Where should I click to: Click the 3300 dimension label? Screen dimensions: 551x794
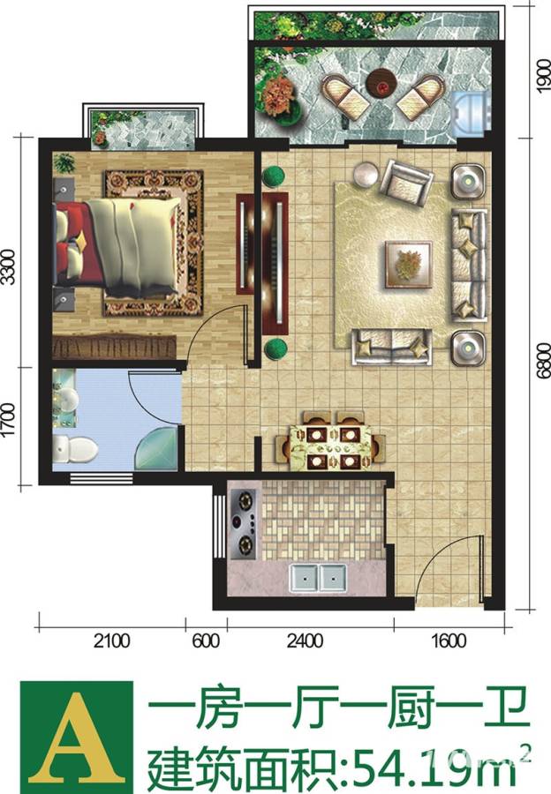click(8, 266)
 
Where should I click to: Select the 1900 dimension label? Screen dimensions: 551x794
click(542, 76)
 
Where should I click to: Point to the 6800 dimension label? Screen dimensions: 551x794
click(542, 361)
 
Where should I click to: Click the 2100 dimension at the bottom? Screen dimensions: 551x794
click(112, 641)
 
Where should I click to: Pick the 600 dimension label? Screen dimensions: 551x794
click(206, 641)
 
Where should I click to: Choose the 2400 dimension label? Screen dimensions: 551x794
click(305, 641)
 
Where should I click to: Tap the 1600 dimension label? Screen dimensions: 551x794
click(449, 641)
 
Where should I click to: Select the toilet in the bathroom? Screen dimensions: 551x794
click(75, 448)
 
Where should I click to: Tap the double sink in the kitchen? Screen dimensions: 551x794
click(318, 578)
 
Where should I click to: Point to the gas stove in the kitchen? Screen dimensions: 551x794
click(245, 523)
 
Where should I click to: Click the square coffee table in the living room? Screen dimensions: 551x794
click(409, 265)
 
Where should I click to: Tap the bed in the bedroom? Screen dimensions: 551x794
click(117, 247)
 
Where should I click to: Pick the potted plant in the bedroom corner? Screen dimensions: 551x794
click(64, 163)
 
